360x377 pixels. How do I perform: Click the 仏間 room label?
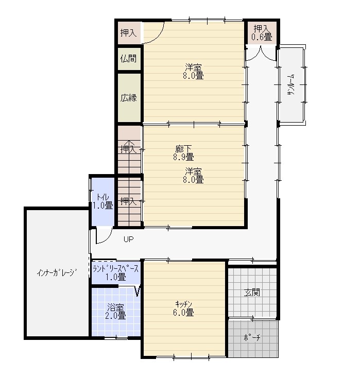coord(128,58)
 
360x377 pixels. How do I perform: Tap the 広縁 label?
coord(128,98)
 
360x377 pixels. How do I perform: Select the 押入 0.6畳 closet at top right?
coord(262,32)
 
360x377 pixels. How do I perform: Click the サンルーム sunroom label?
coord(292,85)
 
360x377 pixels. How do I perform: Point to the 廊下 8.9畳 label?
coord(183,153)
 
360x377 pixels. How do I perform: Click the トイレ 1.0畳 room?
coord(102,201)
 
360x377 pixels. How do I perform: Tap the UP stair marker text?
coord(128,239)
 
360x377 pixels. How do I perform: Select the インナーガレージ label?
coord(57,272)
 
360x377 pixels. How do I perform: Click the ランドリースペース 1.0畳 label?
coord(116,273)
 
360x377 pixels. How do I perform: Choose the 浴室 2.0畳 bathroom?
coord(116,312)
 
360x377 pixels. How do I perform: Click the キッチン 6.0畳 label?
coord(183,309)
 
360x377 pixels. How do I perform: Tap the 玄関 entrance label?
coord(252,293)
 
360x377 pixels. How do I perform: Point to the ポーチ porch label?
coord(252,337)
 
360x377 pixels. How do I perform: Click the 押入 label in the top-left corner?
coord(128,32)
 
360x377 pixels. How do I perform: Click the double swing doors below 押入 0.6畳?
coord(261,55)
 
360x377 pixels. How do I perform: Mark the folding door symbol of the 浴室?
coord(138,290)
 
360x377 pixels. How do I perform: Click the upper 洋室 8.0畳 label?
coord(193,71)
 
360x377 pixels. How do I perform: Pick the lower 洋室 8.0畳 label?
coord(193,176)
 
